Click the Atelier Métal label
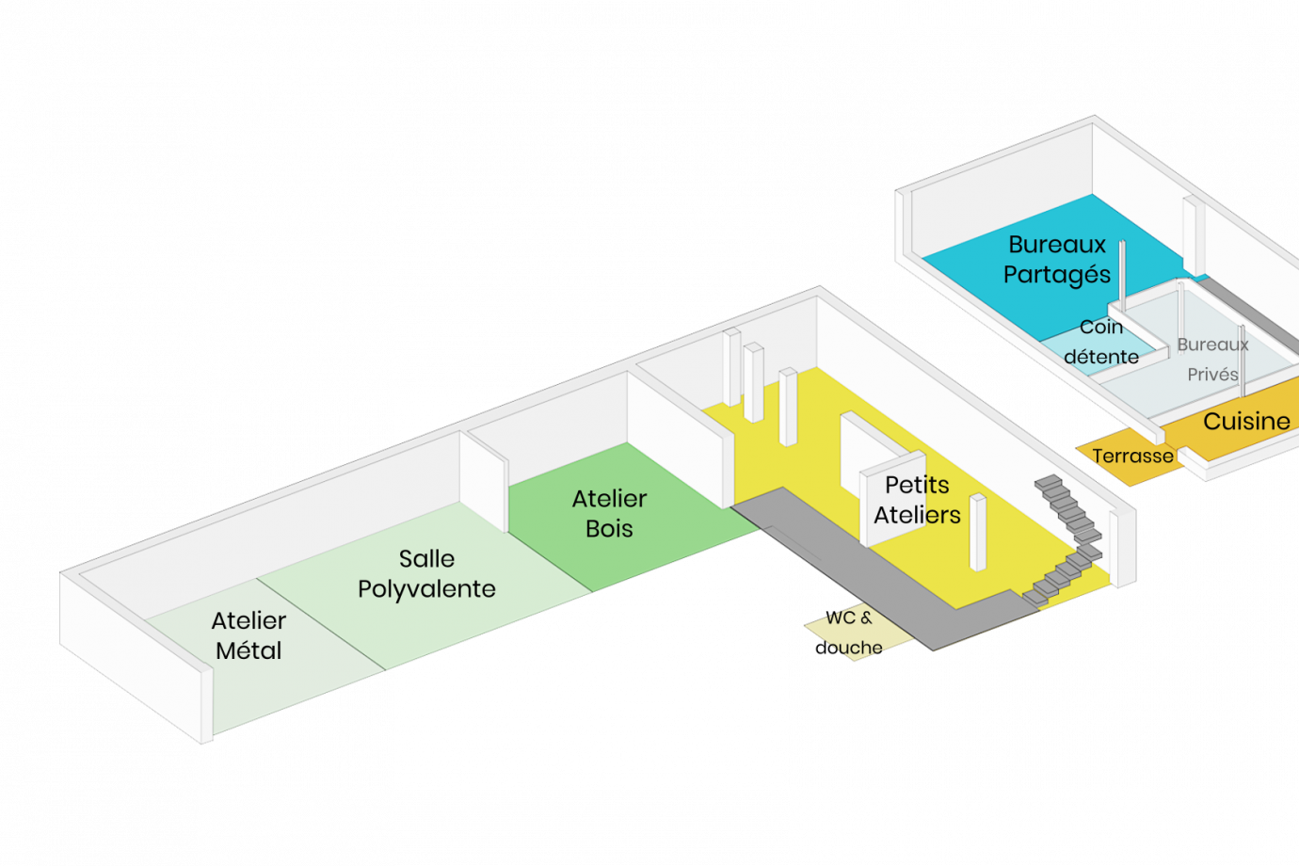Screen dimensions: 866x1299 [249, 635]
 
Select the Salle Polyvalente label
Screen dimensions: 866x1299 [426, 573]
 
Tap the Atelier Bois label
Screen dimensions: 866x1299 [609, 513]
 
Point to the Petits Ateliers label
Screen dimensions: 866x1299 [917, 500]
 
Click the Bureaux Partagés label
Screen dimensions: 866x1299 [1056, 259]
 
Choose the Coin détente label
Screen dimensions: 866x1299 [1101, 342]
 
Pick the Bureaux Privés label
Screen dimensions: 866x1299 [1212, 359]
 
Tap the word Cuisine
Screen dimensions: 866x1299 [1246, 421]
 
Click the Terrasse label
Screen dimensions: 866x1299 [1132, 457]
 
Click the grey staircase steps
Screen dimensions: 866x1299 [1068, 537]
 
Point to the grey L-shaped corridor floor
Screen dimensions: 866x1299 [847, 565]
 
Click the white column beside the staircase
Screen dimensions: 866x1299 [978, 532]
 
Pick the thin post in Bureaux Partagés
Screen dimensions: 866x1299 [1122, 273]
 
